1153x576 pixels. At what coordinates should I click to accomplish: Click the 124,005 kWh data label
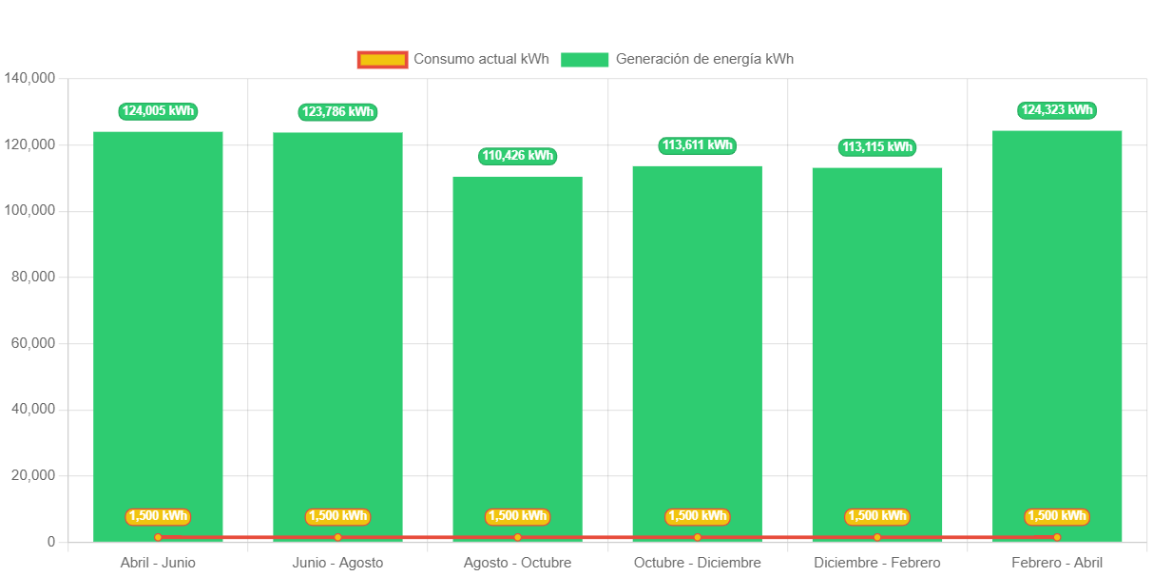tap(158, 111)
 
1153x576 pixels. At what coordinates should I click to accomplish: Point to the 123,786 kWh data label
tap(337, 112)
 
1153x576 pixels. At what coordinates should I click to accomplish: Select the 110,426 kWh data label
tap(517, 156)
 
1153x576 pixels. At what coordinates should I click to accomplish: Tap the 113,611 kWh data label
tap(698, 145)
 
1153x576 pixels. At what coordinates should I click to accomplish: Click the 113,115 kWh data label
tap(876, 147)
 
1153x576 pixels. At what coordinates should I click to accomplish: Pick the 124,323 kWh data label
tap(1056, 110)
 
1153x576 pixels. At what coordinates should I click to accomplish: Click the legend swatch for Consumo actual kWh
tap(382, 60)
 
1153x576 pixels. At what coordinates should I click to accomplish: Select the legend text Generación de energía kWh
tap(704, 59)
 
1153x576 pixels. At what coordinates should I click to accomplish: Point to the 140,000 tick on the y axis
tap(29, 77)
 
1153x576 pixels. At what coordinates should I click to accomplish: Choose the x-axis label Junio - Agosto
tap(337, 563)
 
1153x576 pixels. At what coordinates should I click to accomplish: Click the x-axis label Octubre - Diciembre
tap(698, 563)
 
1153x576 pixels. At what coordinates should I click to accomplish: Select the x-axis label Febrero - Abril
tap(1056, 563)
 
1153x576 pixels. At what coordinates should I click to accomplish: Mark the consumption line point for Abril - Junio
tap(158, 537)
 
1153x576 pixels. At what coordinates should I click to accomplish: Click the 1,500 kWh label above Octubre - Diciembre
tap(698, 516)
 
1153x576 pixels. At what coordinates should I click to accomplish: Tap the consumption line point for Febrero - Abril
tap(1056, 537)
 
